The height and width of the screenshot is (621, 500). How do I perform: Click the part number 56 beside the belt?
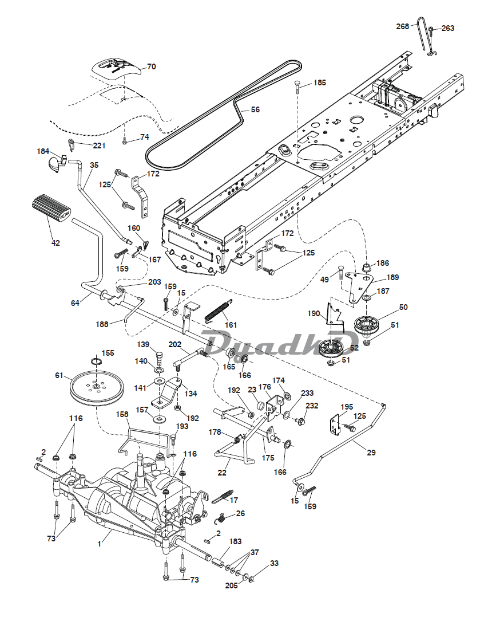pyautogui.click(x=255, y=109)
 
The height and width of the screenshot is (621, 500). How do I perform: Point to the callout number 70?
pyautogui.click(x=152, y=66)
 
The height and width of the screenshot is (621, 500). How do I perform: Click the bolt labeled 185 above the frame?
pyautogui.click(x=297, y=86)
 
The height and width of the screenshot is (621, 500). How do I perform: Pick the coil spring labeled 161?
pyautogui.click(x=218, y=310)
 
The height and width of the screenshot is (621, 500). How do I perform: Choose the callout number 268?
pyautogui.click(x=402, y=26)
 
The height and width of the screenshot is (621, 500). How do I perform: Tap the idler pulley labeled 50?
pyautogui.click(x=367, y=324)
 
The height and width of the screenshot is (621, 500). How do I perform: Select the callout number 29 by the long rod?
pyautogui.click(x=371, y=452)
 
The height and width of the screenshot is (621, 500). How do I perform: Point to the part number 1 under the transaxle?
pyautogui.click(x=100, y=544)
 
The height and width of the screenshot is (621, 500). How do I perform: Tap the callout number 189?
pyautogui.click(x=392, y=277)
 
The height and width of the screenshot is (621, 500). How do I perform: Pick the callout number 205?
pyautogui.click(x=232, y=585)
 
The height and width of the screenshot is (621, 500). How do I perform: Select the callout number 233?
pyautogui.click(x=307, y=393)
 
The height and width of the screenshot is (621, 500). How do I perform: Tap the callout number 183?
pyautogui.click(x=235, y=541)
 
